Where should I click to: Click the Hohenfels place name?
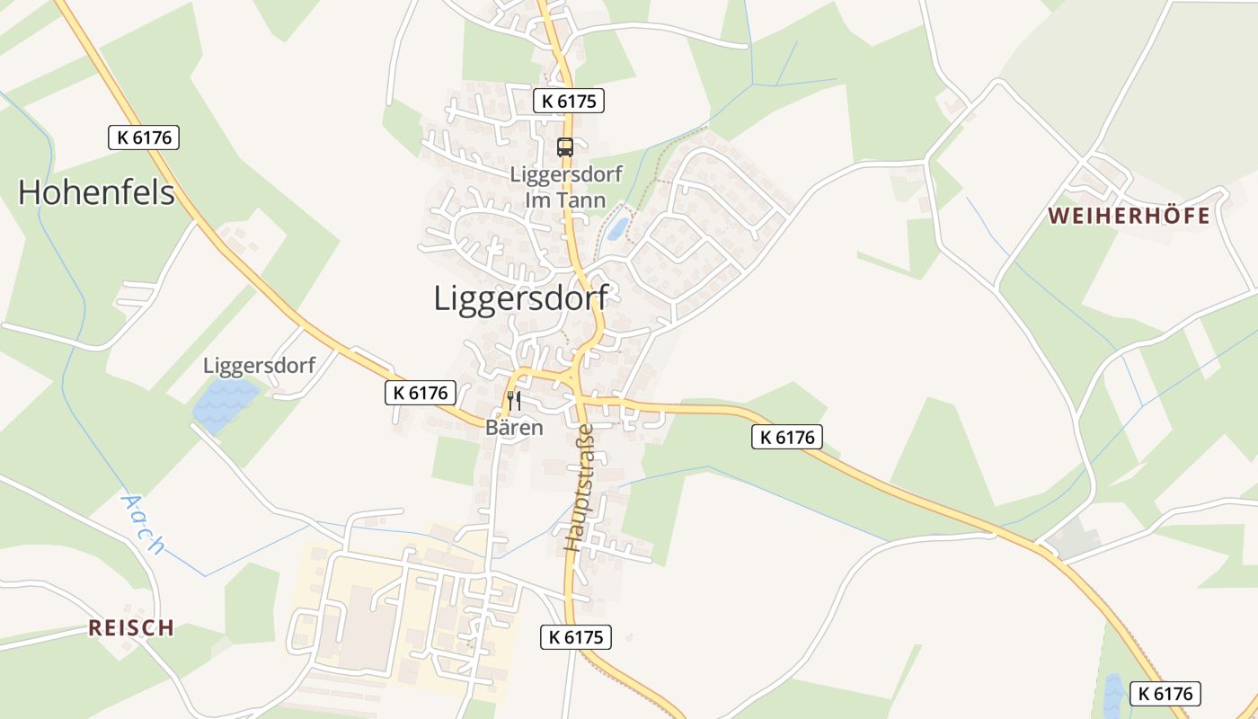[96, 192]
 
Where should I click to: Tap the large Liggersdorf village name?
[520, 298]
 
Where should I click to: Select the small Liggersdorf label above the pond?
[259, 366]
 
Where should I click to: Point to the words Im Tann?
[564, 200]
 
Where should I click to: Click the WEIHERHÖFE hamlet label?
[1129, 217]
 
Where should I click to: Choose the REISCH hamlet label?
[131, 627]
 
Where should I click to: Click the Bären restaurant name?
[514, 428]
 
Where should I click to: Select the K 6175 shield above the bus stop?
[569, 101]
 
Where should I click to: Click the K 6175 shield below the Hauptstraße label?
[576, 637]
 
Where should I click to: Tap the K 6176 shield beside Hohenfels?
[144, 138]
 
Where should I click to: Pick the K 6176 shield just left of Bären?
[421, 393]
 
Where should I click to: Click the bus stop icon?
[565, 147]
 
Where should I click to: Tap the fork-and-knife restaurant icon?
[514, 400]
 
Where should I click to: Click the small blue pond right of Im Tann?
[618, 228]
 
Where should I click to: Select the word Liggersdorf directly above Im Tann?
[565, 174]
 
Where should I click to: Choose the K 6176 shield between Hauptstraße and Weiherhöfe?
[787, 437]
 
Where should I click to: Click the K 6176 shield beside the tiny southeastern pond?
[1165, 693]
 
